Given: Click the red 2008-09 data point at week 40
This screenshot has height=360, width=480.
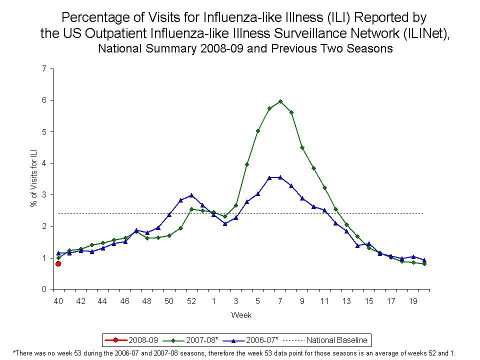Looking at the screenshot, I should [58, 263].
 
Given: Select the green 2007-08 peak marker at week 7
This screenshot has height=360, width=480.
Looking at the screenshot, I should [280, 101].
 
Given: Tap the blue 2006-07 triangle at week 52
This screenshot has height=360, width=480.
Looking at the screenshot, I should [191, 195].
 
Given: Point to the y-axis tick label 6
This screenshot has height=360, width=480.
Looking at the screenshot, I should [44, 100].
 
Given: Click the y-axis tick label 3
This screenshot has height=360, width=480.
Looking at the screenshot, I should [44, 194].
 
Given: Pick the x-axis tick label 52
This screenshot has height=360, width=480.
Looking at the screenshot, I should [191, 301].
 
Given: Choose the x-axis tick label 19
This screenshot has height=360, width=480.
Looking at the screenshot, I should [413, 301].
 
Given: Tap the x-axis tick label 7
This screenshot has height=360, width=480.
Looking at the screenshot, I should [280, 301].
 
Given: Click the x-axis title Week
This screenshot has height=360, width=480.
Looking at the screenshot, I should [241, 315].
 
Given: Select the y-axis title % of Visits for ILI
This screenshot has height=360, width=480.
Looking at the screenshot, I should [34, 178].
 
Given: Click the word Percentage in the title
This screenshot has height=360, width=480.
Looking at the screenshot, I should [92, 18].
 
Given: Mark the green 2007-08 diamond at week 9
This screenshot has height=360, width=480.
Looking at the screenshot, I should [302, 147].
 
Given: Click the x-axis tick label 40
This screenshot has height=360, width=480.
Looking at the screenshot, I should [58, 301].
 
